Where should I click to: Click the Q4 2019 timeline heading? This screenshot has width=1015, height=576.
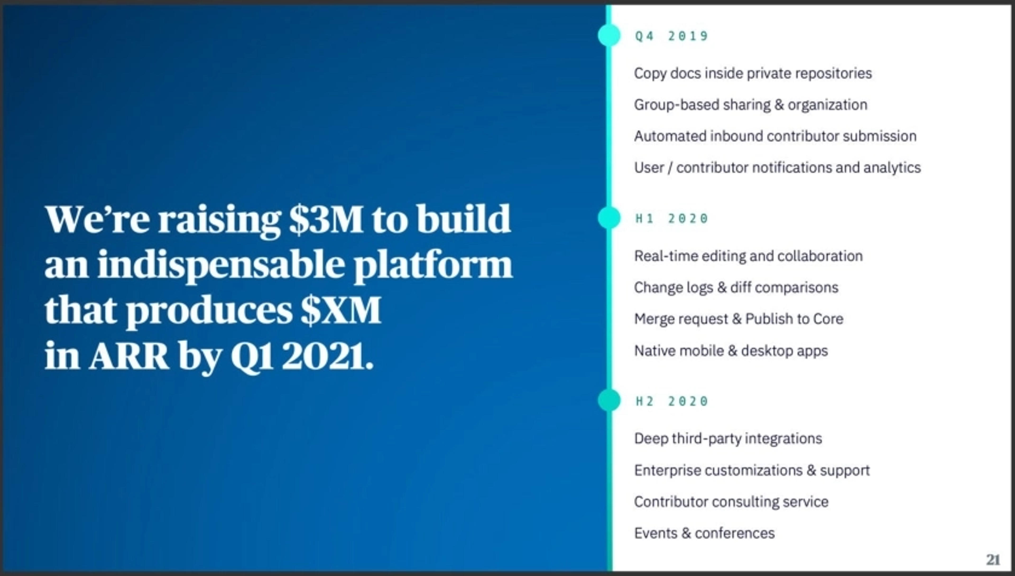(671, 36)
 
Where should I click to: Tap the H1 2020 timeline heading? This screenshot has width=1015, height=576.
(671, 218)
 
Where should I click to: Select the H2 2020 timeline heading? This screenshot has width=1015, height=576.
(671, 401)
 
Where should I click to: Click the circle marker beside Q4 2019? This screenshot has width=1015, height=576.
(609, 35)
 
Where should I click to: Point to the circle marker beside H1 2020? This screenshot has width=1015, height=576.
(609, 218)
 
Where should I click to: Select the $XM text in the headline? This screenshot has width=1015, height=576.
(340, 311)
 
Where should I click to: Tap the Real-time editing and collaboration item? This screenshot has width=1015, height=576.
(748, 256)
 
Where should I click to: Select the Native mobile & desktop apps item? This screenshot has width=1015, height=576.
(731, 351)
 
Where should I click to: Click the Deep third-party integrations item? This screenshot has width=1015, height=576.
(728, 439)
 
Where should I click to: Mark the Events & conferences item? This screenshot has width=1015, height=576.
(704, 533)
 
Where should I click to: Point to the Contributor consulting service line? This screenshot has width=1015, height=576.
(731, 502)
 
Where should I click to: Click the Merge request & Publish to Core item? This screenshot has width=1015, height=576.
(739, 319)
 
